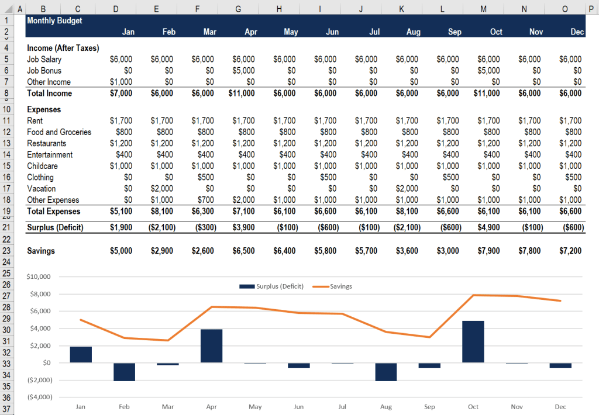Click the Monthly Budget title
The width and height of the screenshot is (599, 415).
pos(54,20)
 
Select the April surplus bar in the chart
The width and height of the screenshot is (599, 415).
pos(211,346)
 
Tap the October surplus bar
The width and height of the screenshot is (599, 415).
pos(473,342)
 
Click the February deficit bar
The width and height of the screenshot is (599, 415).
pos(124,372)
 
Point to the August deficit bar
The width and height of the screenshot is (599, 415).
pos(386,372)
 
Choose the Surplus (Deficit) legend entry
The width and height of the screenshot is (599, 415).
pos(271,286)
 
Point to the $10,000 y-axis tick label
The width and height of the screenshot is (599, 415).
pos(39,276)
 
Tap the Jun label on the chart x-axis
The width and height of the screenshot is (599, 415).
pos(298,407)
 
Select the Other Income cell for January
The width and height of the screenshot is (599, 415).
pos(121,82)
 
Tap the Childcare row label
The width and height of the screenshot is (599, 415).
pos(42,166)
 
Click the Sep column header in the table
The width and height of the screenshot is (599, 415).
pos(454,32)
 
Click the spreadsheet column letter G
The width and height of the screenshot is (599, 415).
pos(237,9)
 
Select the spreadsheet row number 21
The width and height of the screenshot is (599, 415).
pos(7,228)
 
